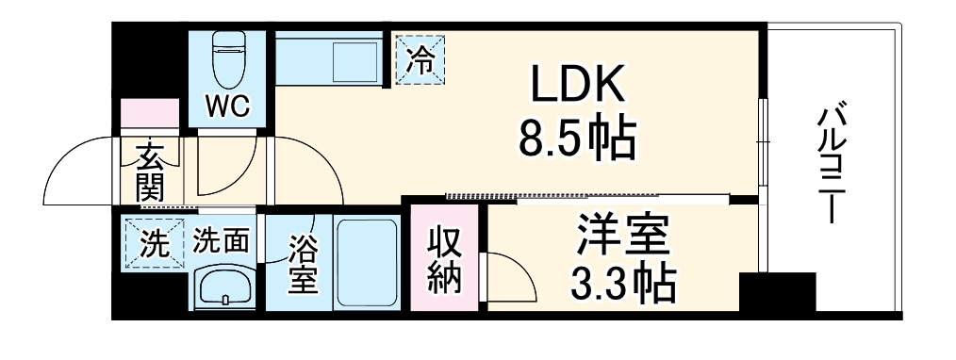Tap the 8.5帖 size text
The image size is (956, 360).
(577, 139)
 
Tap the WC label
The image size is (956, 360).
(228, 106)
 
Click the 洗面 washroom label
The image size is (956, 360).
(221, 242)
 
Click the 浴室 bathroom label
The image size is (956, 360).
(302, 265)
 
